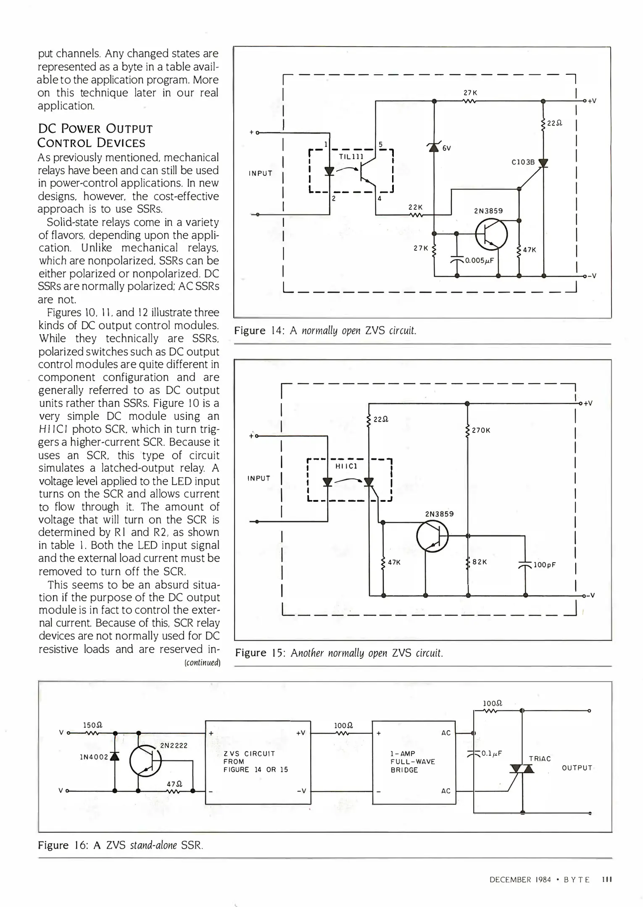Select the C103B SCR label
click(523, 162)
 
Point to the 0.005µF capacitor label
click(479, 260)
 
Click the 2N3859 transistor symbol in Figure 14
click(491, 235)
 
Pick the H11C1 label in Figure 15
click(346, 466)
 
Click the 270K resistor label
click(481, 430)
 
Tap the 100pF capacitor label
click(545, 565)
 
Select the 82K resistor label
click(480, 562)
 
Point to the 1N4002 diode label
click(94, 757)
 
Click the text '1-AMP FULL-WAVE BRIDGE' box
click(414, 762)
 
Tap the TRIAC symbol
click(522, 769)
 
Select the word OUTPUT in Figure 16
click(577, 768)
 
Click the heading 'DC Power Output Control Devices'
click(95, 136)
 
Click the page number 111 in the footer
click(606, 879)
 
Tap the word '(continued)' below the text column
click(203, 663)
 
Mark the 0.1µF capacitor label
click(492, 753)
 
